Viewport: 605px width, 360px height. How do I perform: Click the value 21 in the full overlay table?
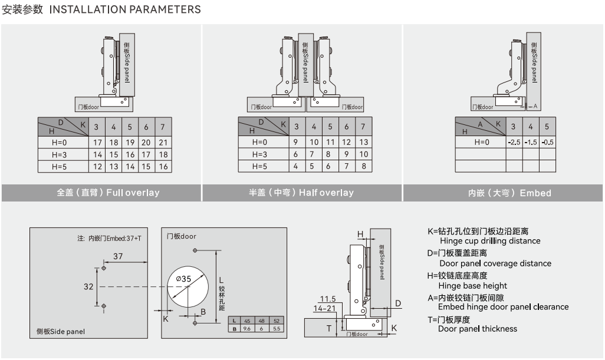163,142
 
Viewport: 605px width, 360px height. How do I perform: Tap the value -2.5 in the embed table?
514,142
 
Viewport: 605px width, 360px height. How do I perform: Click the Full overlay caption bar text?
108,193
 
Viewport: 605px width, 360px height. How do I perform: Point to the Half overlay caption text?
301,193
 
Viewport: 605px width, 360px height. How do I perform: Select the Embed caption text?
509,193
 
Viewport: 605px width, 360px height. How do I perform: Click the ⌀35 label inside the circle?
183,278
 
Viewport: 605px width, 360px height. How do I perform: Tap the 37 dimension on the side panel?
118,256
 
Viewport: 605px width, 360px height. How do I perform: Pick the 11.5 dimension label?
327,299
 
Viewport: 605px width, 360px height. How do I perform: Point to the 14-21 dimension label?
324,308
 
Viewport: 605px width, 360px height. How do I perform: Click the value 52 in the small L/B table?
277,321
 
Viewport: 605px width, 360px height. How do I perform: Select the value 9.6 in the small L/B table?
248,328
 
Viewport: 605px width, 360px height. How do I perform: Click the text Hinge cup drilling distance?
490,240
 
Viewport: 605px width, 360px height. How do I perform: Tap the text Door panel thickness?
478,329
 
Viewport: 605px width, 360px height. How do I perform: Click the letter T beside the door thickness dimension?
329,328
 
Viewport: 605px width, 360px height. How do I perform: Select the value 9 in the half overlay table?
295,142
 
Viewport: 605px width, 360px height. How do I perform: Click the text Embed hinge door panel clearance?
503,307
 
